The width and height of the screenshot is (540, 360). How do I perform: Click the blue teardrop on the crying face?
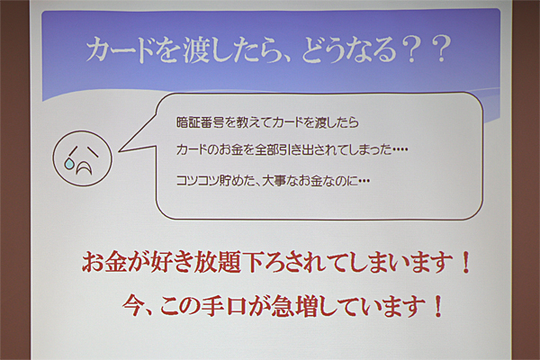[x=69, y=164]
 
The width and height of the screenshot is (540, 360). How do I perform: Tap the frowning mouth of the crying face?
[x=85, y=167]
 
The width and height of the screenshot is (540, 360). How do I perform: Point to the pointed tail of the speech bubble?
[x=120, y=151]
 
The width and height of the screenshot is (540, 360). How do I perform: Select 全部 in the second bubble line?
[x=266, y=150]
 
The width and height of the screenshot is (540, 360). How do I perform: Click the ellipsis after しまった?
[x=400, y=150]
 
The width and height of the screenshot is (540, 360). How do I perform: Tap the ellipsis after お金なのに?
[x=364, y=181]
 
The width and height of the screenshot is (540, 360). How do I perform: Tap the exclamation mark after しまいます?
[x=466, y=262]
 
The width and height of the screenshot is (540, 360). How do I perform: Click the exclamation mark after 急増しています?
[x=438, y=307]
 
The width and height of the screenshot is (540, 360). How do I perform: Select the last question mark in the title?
[x=441, y=49]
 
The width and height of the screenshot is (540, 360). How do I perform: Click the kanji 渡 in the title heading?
[x=195, y=50]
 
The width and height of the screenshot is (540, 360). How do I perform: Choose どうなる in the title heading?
[x=349, y=50]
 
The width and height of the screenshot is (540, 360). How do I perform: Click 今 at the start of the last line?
[x=134, y=306]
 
